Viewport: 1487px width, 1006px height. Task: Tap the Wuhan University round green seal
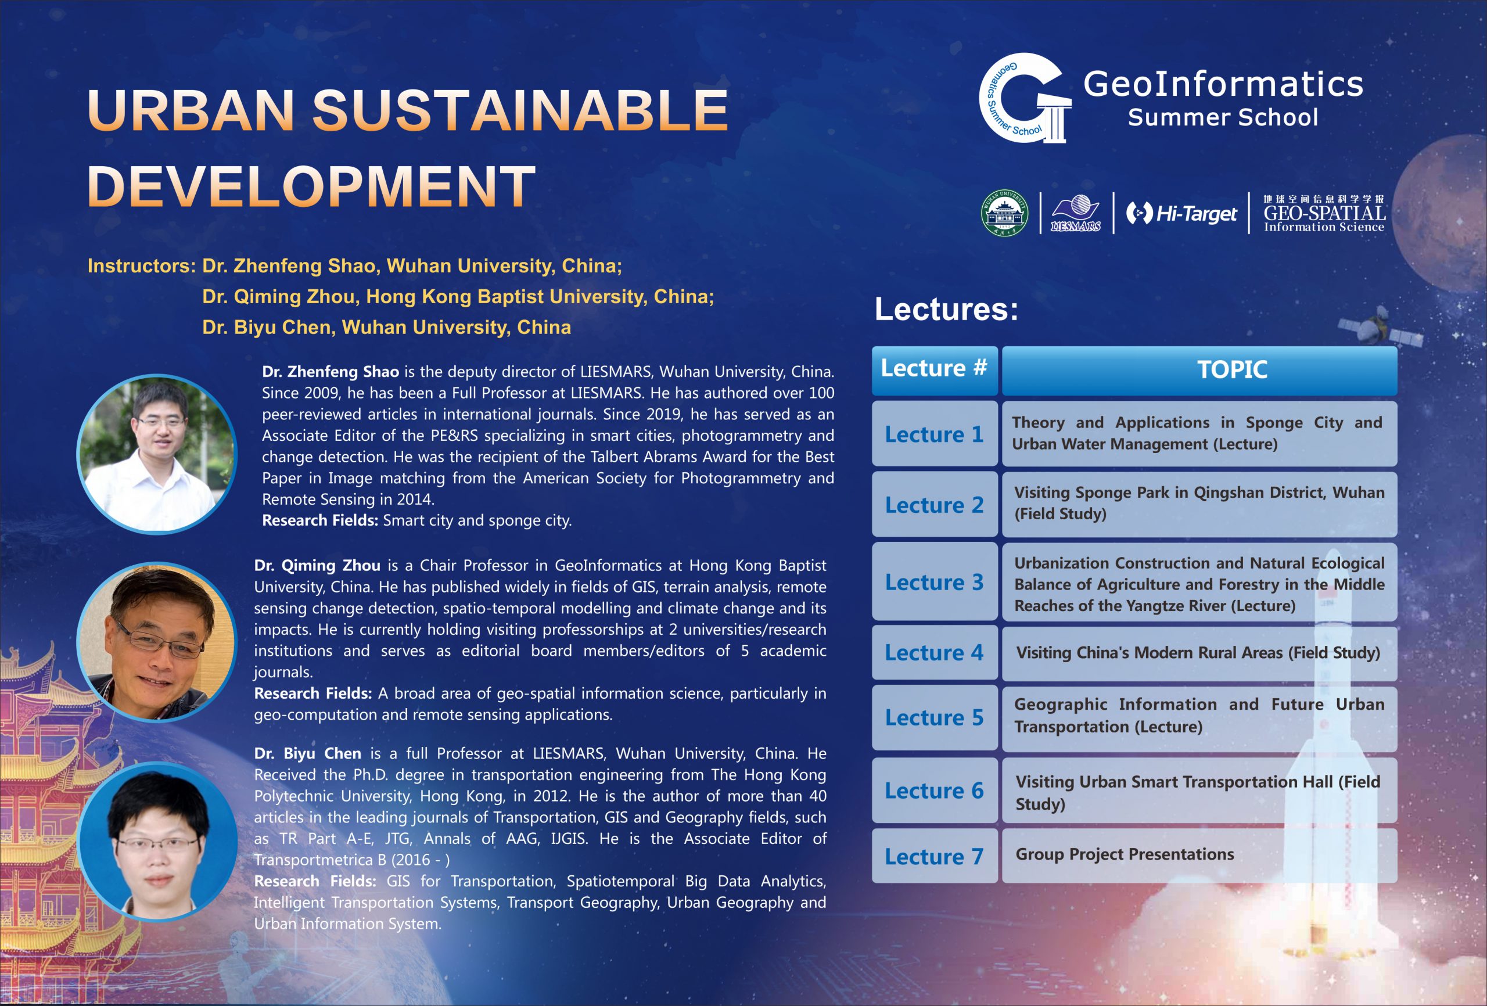point(1004,213)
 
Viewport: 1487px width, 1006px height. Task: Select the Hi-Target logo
point(1181,213)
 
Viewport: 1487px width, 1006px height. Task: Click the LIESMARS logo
point(1076,213)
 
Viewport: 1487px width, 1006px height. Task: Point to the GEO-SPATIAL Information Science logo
point(1324,213)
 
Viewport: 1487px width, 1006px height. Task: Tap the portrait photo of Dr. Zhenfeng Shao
point(157,454)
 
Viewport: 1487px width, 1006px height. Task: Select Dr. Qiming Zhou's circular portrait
point(157,642)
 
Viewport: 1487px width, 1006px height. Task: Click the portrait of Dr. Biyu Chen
point(157,841)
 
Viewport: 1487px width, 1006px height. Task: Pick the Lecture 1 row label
point(934,434)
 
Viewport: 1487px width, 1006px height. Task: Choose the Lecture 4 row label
point(934,653)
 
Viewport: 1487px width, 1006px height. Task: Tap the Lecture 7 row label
point(934,856)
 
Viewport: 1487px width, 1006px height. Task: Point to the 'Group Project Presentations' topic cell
point(1199,856)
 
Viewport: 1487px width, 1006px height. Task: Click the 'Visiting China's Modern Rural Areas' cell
point(1199,653)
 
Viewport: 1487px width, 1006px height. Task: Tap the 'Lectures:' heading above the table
point(946,309)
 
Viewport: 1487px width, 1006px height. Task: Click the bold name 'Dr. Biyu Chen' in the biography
point(308,753)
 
